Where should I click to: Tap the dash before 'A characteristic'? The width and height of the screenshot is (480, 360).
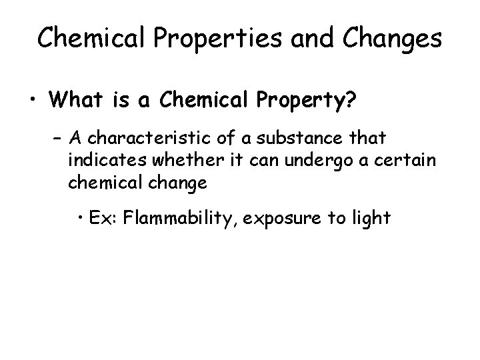[x=57, y=139]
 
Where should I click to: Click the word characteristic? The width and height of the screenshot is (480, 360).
[x=141, y=139]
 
